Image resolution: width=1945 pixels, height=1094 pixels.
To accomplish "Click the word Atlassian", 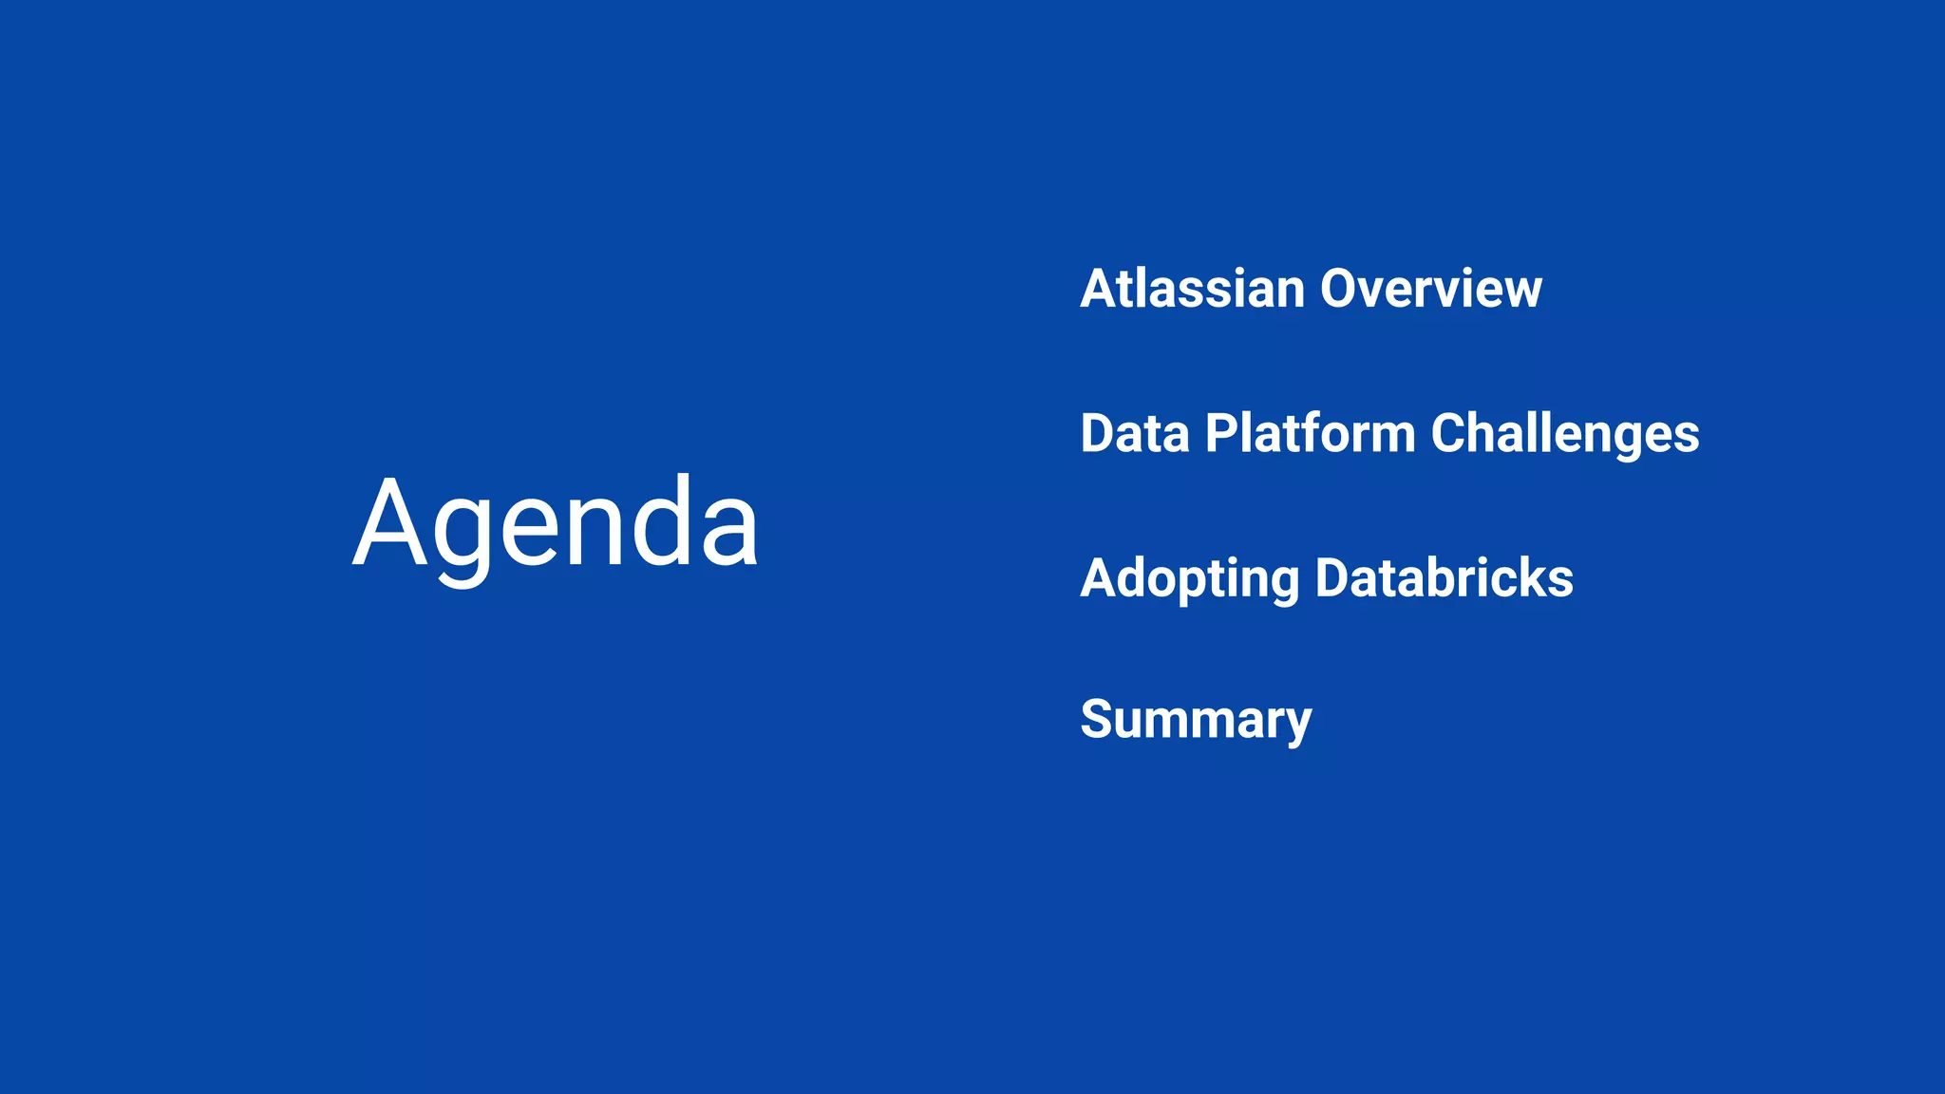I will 1192,289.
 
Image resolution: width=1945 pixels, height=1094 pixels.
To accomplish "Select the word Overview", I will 1430,289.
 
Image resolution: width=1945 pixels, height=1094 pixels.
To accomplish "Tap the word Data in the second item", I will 1135,434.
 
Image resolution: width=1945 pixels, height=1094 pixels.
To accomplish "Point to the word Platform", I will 1311,434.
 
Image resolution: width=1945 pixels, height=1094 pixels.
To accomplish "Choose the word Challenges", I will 1565,434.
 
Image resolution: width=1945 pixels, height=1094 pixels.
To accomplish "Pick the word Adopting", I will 1189,579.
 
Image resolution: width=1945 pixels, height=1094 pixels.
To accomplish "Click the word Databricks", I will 1444,578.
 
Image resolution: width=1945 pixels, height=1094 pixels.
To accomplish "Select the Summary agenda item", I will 1196,720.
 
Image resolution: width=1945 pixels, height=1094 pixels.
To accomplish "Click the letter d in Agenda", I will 660,522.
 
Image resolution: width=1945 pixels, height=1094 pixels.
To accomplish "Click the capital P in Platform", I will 1223,434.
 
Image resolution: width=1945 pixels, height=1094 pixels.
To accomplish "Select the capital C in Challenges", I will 1453,434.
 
